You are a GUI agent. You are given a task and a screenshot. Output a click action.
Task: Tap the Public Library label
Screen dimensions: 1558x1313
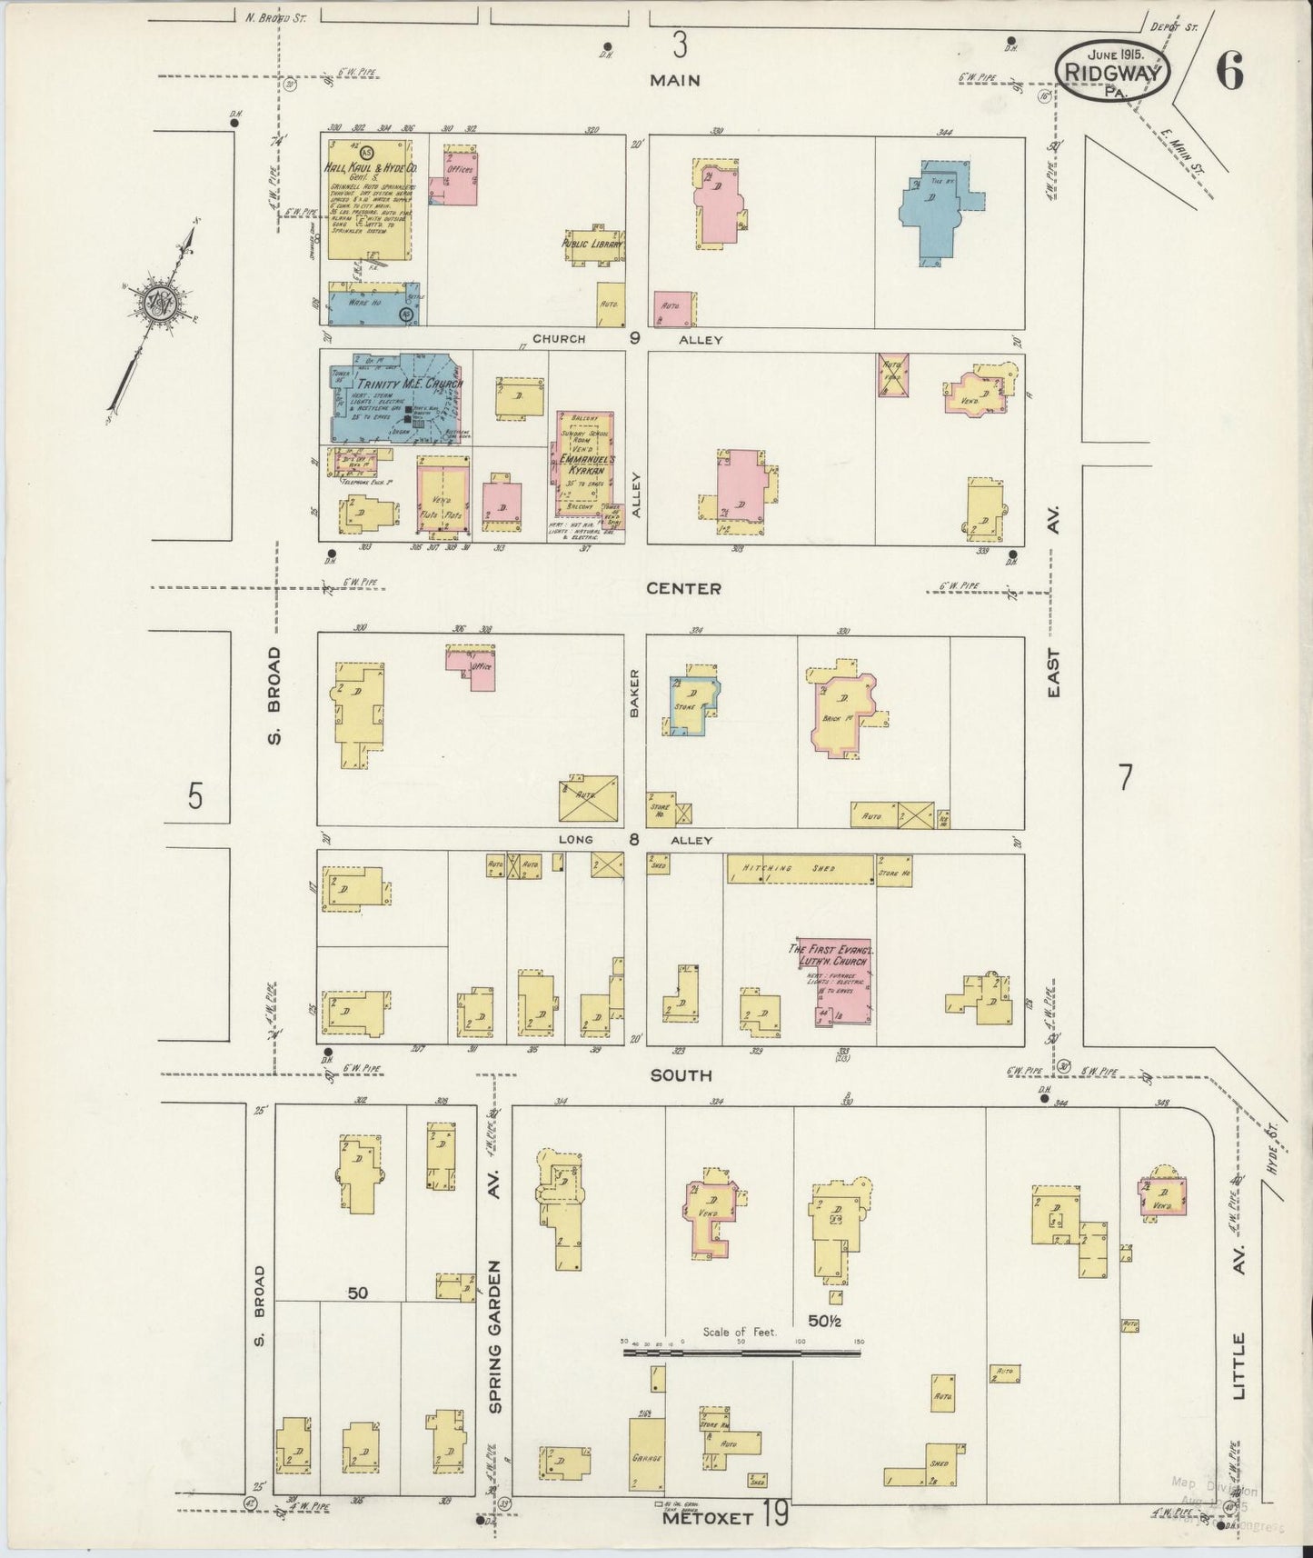(592, 245)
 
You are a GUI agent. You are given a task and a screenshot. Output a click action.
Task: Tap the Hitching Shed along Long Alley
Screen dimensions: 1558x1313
(800, 869)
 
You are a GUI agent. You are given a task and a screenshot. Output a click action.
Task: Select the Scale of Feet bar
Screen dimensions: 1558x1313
(741, 1353)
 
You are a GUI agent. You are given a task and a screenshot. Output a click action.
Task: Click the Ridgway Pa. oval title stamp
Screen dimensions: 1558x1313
(1111, 68)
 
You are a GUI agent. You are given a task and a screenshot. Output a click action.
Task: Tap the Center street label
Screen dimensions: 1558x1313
(683, 589)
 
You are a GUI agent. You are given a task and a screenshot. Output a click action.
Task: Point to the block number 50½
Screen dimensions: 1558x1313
(823, 1321)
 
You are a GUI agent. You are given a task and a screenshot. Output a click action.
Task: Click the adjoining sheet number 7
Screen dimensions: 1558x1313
(1125, 778)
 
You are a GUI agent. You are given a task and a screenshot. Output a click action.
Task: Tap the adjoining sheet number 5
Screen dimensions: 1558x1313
(195, 796)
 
